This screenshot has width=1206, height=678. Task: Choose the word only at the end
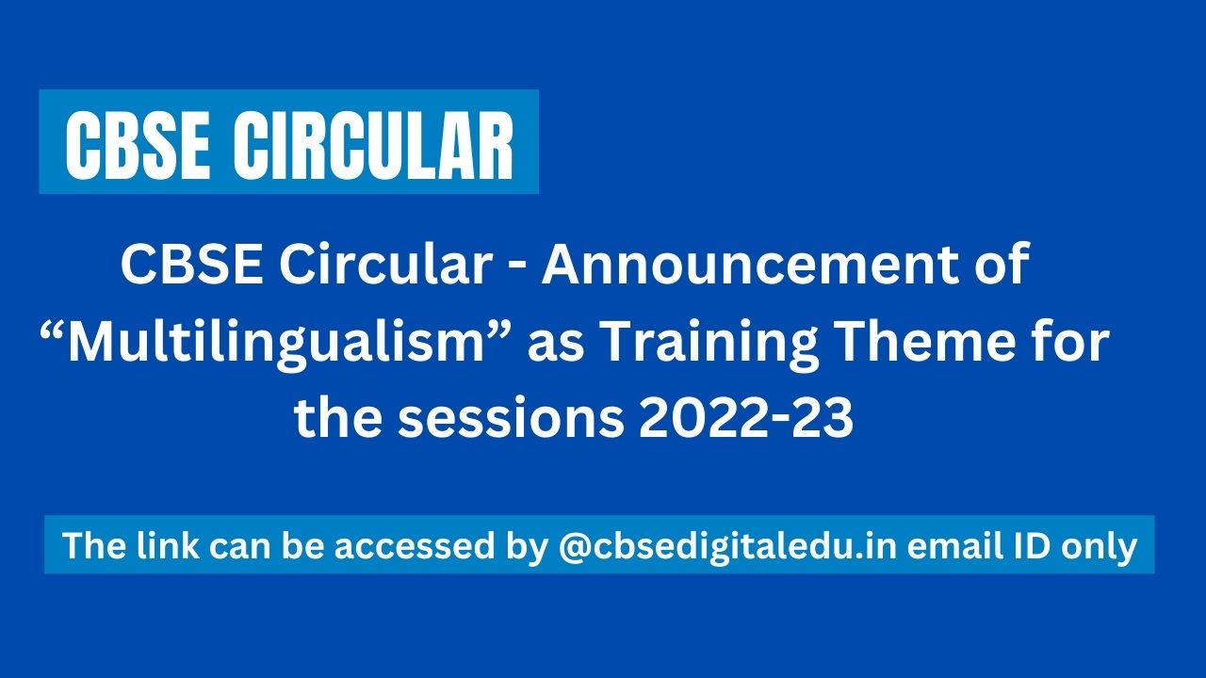coord(1100,545)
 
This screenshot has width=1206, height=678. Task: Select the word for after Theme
coord(1080,342)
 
